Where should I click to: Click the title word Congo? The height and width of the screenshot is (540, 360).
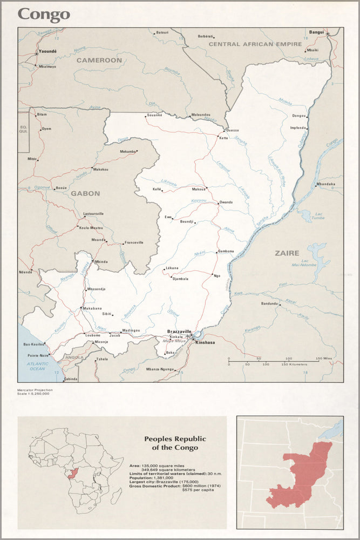point(44,15)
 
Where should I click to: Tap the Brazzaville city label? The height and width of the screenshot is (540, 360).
point(180,331)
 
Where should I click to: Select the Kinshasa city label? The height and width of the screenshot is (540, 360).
point(205,342)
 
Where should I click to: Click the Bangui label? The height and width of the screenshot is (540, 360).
point(316,32)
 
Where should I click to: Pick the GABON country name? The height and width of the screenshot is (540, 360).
point(85,193)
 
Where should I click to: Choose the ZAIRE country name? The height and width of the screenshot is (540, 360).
point(287,253)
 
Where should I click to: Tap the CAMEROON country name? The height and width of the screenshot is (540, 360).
point(99,60)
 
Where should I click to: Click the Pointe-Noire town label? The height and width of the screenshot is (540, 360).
point(39,355)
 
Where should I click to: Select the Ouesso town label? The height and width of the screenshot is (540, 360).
point(232,131)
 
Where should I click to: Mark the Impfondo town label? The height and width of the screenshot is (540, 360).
point(298,128)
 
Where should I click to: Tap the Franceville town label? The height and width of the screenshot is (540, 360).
point(134,242)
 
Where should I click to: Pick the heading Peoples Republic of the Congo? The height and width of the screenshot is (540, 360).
point(174,443)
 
